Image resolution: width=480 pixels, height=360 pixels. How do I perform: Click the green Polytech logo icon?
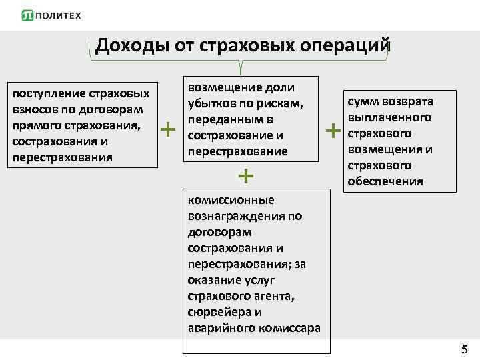point(28,15)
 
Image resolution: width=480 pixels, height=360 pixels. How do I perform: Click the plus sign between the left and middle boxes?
point(169,128)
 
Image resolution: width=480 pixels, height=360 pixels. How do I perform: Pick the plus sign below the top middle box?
point(246,176)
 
